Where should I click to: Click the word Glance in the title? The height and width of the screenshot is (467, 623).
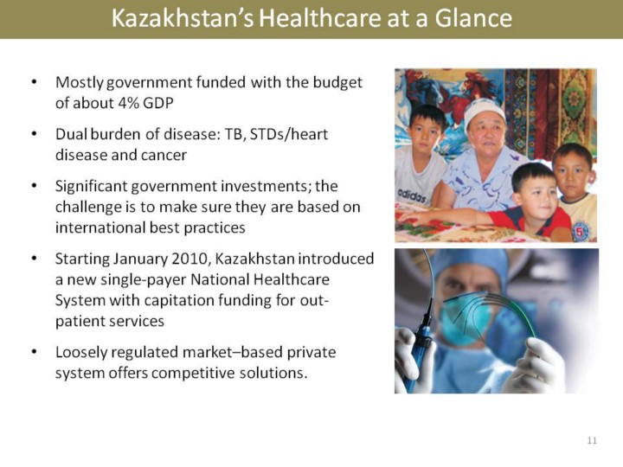tap(473, 18)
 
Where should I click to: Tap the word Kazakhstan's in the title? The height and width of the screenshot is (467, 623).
tap(183, 18)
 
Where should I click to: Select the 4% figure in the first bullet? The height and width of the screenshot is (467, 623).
tap(128, 103)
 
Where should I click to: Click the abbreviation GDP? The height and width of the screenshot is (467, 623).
tap(158, 103)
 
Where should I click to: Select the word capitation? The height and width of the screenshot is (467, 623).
tap(173, 301)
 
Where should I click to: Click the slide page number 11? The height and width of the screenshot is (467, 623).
tap(592, 440)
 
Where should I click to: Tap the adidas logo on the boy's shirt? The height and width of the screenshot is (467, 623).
tap(412, 195)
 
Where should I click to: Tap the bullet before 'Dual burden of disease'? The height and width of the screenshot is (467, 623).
tap(34, 134)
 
